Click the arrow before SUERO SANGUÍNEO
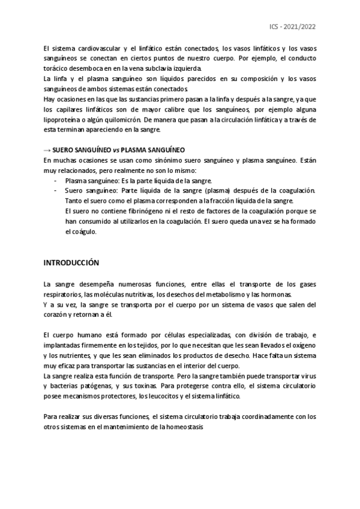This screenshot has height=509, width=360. click(48, 149)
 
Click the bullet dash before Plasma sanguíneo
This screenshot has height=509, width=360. click(56, 180)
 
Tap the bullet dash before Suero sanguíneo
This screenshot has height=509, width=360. click(56, 190)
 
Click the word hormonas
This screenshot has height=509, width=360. click(275, 294)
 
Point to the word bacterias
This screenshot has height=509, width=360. click(66, 387)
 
